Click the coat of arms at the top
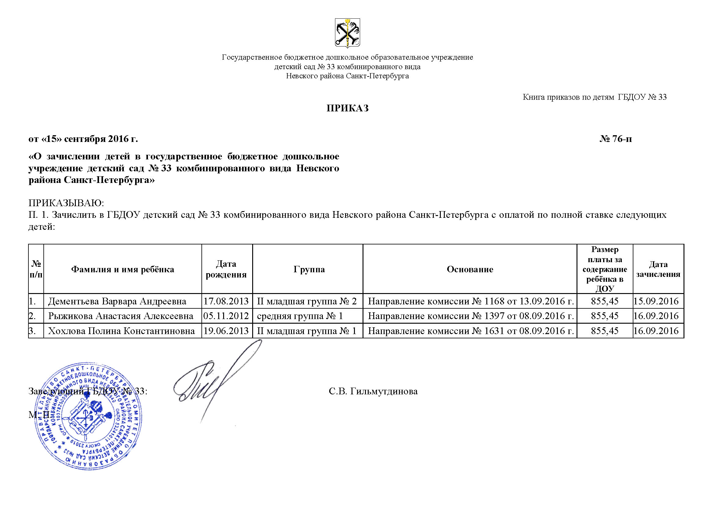347,33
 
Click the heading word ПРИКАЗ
347,108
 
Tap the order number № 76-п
616,139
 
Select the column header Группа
309,269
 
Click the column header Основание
470,269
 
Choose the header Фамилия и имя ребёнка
123,269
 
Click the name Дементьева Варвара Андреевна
117,301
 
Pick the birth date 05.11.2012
226,316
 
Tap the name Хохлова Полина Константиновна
121,331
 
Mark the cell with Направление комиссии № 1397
470,316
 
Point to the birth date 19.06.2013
226,331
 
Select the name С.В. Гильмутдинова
373,391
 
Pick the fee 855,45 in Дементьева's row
604,301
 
